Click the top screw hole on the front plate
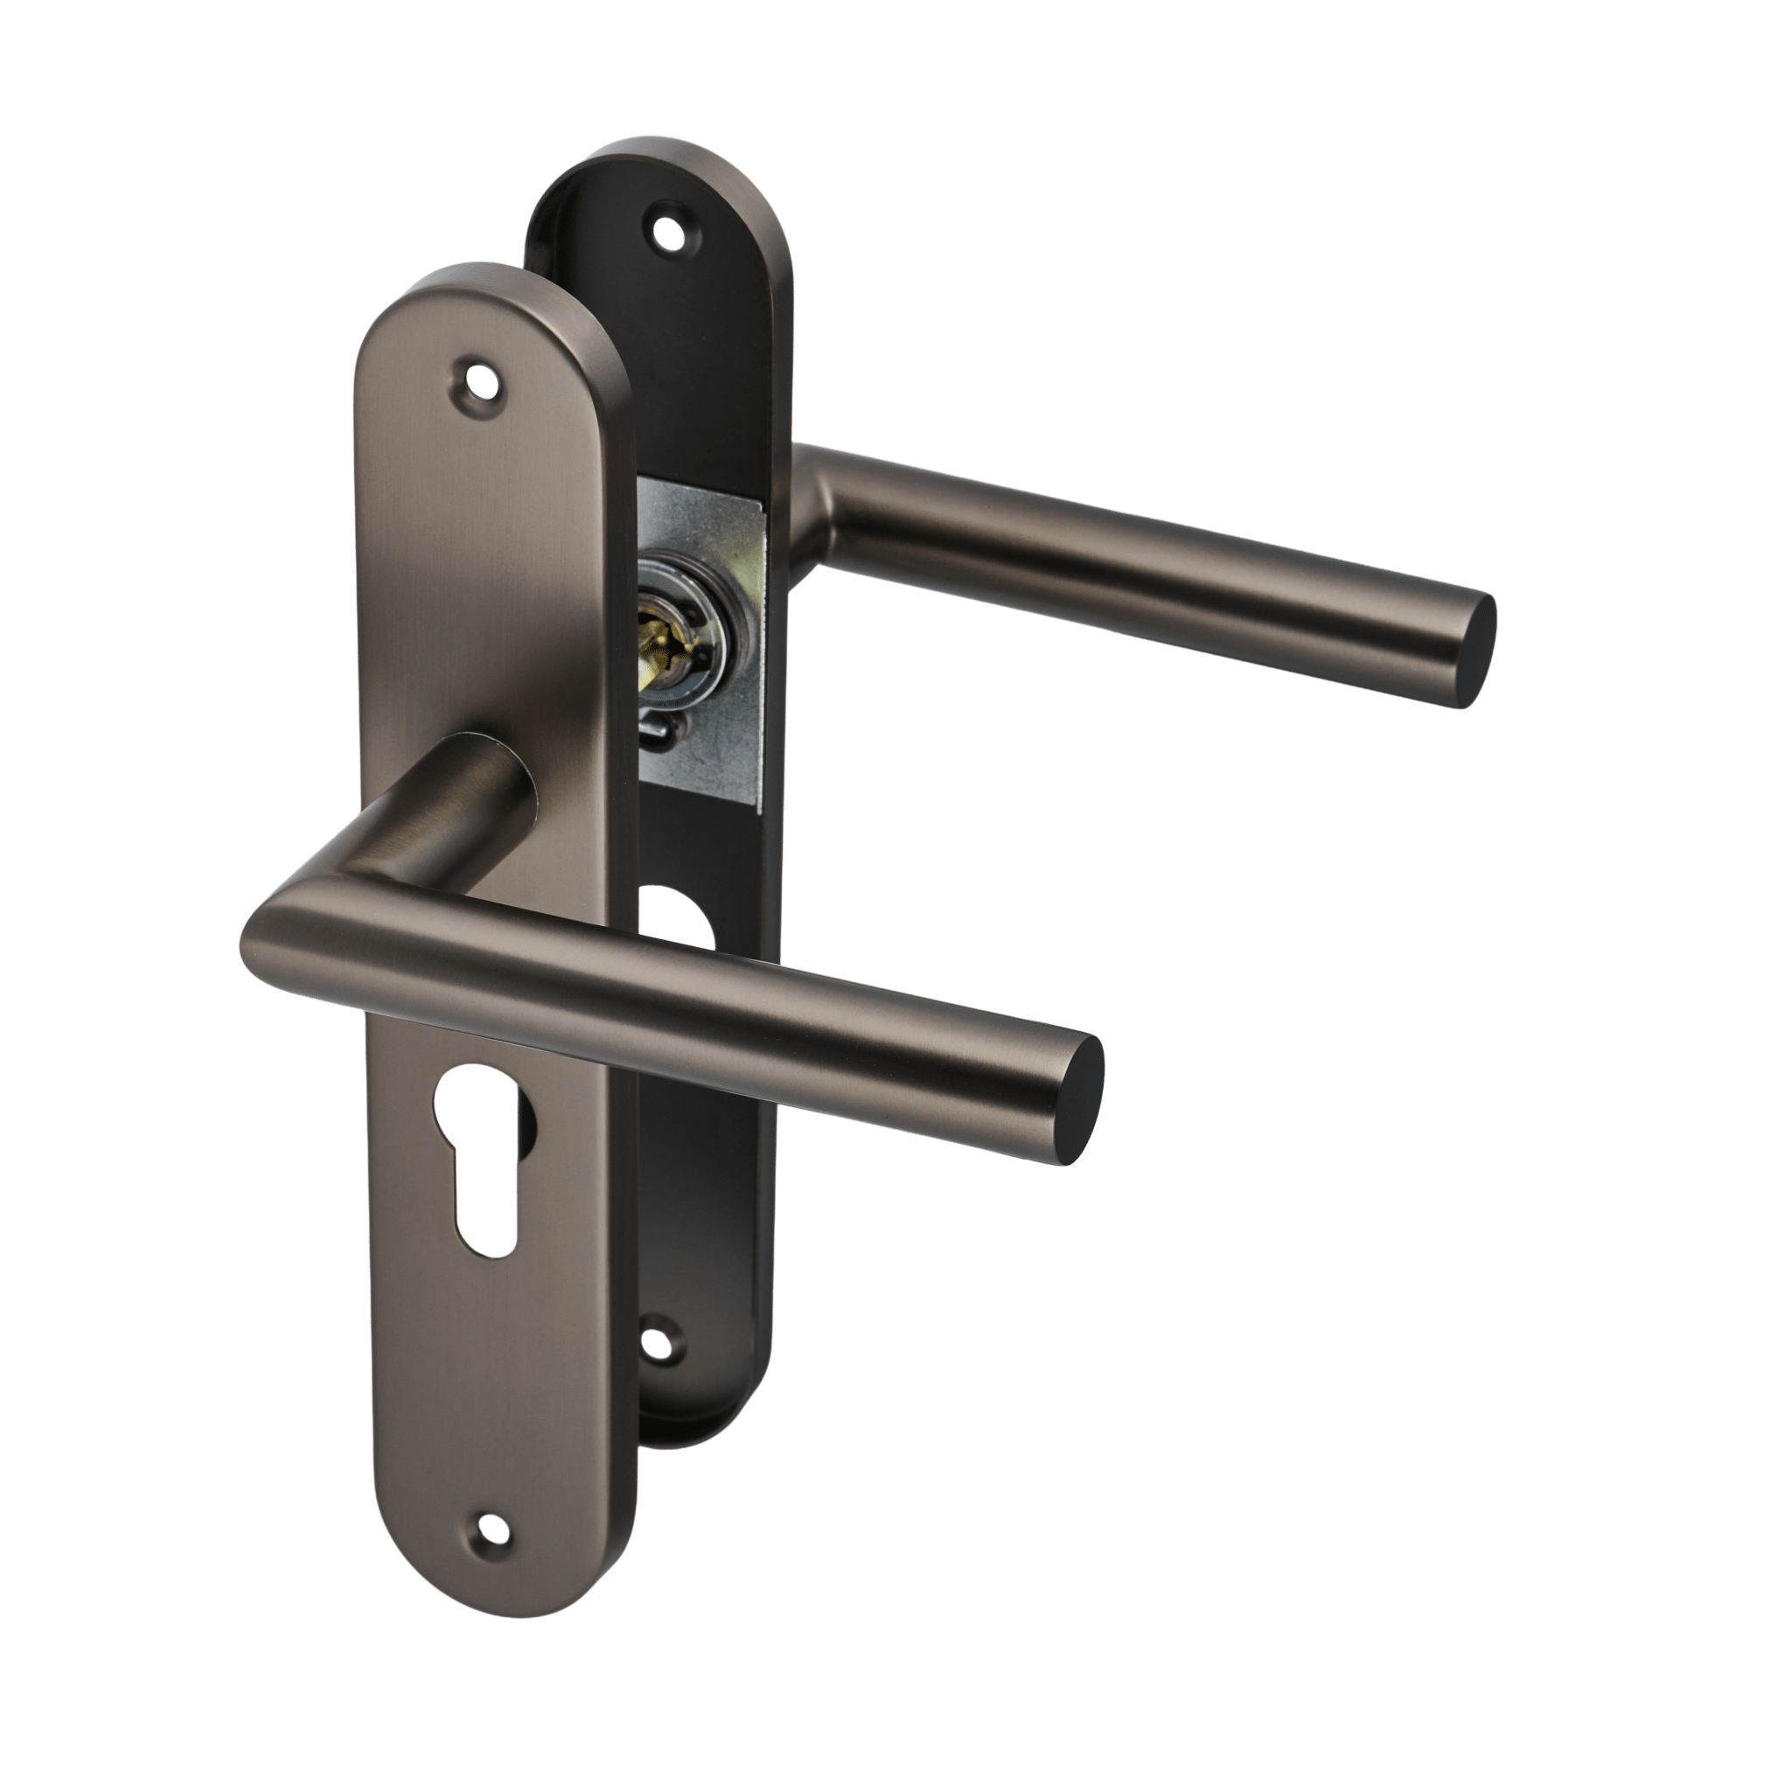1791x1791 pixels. tap(480, 376)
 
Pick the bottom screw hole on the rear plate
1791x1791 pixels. tap(659, 1340)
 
